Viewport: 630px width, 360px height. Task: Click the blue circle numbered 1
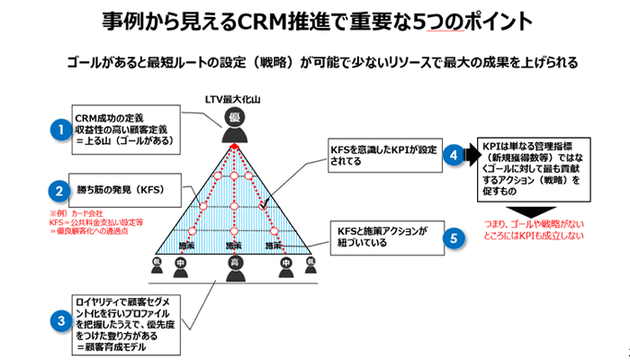60,130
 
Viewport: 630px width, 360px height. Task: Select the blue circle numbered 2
59,190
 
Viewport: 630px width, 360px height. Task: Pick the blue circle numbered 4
456,156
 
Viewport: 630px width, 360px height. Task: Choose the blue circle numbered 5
456,238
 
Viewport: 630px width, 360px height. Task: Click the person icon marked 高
233,265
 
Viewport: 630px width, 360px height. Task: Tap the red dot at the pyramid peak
233,147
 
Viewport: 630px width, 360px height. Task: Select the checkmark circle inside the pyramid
263,207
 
